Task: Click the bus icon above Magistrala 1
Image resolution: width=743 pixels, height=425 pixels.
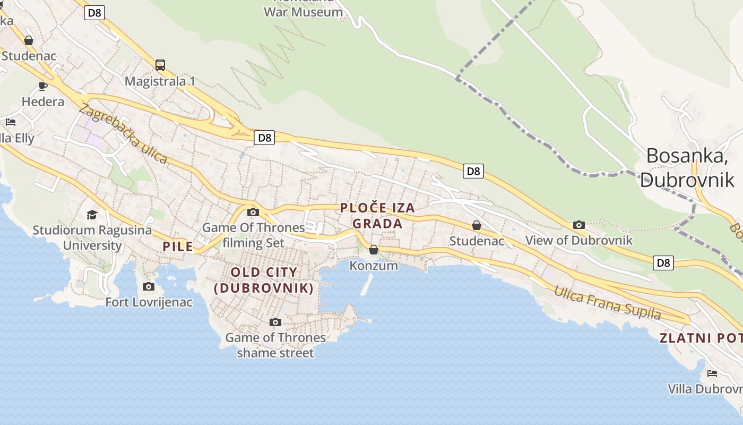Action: click(x=160, y=65)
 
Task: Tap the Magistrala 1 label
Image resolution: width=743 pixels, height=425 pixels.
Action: click(x=160, y=81)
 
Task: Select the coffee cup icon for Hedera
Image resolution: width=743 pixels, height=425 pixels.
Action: click(x=43, y=86)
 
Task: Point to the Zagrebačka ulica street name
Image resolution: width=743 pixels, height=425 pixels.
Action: click(x=123, y=133)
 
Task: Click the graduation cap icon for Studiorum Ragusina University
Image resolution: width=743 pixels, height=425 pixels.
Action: click(x=92, y=215)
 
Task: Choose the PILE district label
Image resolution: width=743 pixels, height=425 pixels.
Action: click(x=178, y=246)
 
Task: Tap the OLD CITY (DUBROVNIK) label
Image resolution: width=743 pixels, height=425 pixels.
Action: click(x=264, y=280)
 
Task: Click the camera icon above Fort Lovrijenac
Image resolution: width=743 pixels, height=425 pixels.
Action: click(x=149, y=287)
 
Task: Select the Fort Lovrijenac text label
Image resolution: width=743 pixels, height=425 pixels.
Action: click(x=149, y=302)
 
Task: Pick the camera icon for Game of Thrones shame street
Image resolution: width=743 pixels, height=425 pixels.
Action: click(x=275, y=322)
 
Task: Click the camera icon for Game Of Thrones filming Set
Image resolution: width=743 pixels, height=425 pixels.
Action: click(x=253, y=212)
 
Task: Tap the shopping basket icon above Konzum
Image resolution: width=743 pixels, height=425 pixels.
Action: click(x=374, y=250)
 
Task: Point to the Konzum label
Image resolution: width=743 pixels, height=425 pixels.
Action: click(x=374, y=266)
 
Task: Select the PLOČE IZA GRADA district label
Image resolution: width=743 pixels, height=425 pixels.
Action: click(x=377, y=215)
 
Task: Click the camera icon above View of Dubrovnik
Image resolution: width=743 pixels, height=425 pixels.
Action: click(x=579, y=225)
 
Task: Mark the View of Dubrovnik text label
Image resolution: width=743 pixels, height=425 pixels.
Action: click(x=578, y=240)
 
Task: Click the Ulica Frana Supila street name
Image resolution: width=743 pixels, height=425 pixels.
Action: click(x=608, y=303)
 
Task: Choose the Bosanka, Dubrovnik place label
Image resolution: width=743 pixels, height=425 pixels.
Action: click(x=687, y=167)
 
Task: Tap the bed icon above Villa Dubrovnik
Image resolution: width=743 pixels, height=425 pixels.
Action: click(x=712, y=373)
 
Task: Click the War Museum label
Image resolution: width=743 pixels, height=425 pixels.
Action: click(x=303, y=12)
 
